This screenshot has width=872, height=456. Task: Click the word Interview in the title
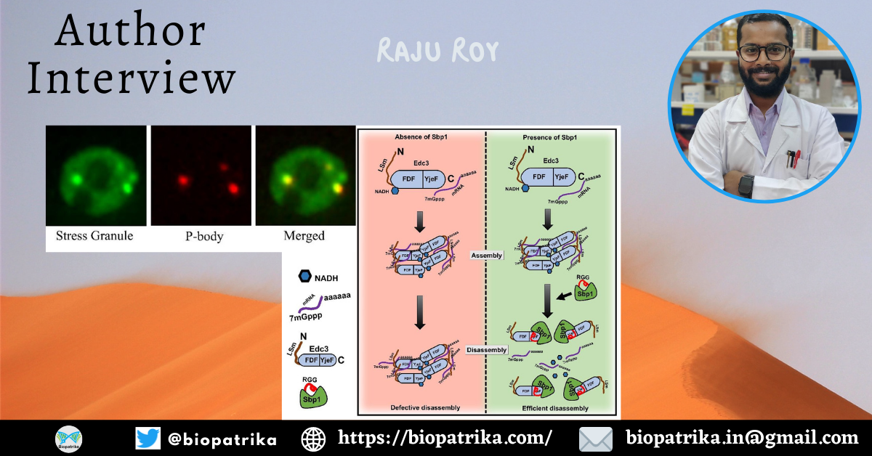click(x=131, y=78)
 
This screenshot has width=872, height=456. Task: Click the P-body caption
click(x=201, y=236)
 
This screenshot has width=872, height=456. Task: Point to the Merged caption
click(x=305, y=236)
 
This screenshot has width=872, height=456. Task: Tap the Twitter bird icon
click(x=148, y=438)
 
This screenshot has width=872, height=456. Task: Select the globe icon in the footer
click(x=313, y=438)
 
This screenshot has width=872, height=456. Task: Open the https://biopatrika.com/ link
click(x=445, y=438)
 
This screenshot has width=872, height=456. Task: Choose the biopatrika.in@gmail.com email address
click(x=742, y=438)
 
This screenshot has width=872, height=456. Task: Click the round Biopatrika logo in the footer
click(x=69, y=438)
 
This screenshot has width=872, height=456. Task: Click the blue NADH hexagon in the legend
click(x=304, y=277)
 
